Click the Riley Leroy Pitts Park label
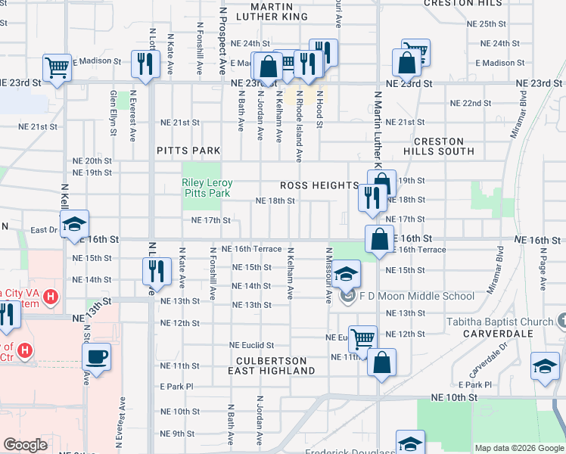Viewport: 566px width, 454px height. pyautogui.click(x=207, y=188)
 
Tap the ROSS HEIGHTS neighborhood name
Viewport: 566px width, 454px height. pyautogui.click(x=319, y=185)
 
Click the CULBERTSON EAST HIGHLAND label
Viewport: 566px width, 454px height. pyautogui.click(x=272, y=366)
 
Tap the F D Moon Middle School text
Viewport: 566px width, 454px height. pyautogui.click(x=416, y=296)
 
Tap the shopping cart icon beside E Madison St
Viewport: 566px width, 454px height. pyautogui.click(x=57, y=67)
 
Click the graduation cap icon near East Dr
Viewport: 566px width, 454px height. pyautogui.click(x=74, y=224)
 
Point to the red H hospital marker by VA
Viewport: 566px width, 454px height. pyautogui.click(x=51, y=295)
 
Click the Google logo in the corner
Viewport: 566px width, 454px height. pyautogui.click(x=25, y=445)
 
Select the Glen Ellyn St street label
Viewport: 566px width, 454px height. pyautogui.click(x=114, y=113)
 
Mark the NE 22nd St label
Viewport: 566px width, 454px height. pyautogui.click(x=471, y=103)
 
